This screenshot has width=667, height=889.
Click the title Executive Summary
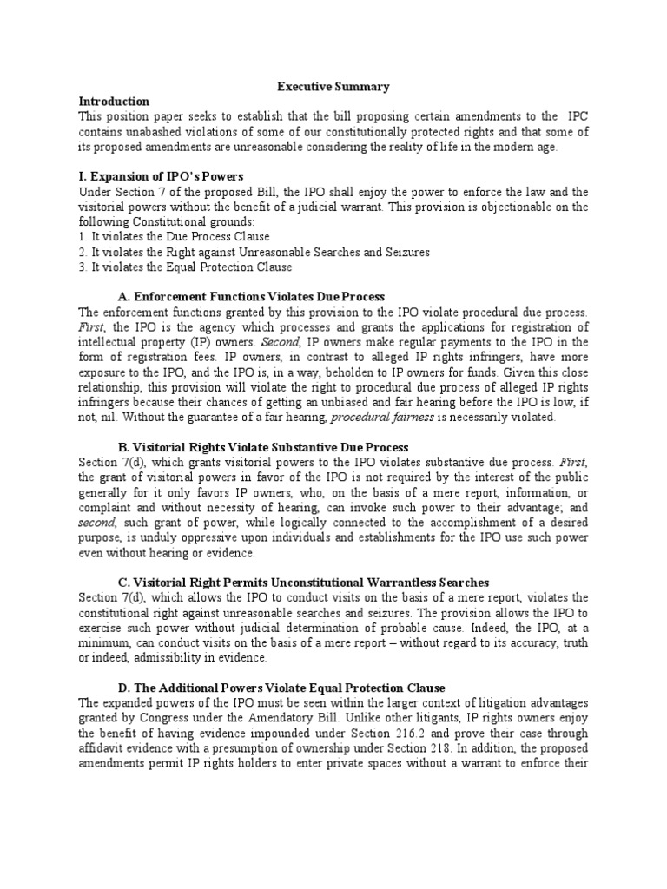click(333, 87)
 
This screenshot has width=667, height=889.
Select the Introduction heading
click(114, 102)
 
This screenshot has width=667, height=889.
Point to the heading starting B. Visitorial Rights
click(256, 447)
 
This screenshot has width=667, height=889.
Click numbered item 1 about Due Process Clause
click(174, 237)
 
